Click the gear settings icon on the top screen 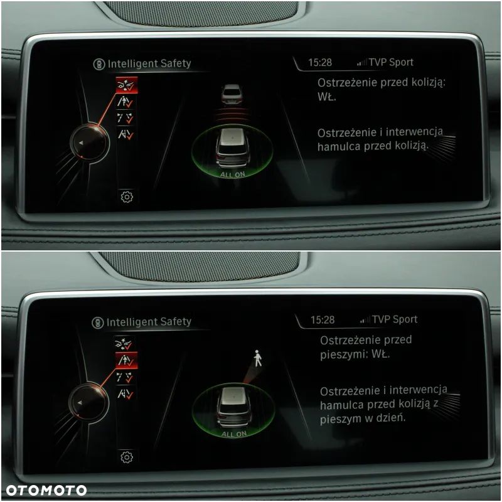coord(127,196)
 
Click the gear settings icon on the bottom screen coord(126,456)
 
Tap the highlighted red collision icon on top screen coord(127,85)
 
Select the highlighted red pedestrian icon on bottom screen coord(126,360)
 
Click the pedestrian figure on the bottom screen coord(257,358)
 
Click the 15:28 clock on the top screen coord(320,63)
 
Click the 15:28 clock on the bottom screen coord(323,320)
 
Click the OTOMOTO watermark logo coord(46,490)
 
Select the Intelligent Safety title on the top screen coord(149,63)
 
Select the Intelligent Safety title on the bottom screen coord(149,322)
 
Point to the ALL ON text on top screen coord(232,174)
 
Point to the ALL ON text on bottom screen coord(233,434)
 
